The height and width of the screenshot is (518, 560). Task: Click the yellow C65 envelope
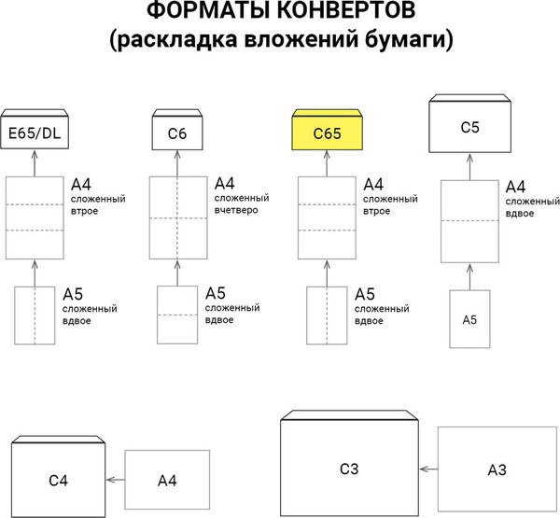327,133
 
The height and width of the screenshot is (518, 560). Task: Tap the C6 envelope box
178,133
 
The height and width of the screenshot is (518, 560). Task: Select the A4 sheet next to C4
167,480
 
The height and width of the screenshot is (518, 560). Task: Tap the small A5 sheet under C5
470,319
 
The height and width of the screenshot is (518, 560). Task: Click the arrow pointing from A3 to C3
428,469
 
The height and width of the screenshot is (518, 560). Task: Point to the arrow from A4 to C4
115,480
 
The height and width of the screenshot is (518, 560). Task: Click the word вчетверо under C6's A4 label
243,211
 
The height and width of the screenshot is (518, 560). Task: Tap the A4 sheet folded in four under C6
178,217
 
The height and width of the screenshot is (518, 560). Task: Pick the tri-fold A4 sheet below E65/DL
35,217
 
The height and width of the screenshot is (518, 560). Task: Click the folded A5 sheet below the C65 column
327,315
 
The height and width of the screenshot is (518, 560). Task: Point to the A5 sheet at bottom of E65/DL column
35,315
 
